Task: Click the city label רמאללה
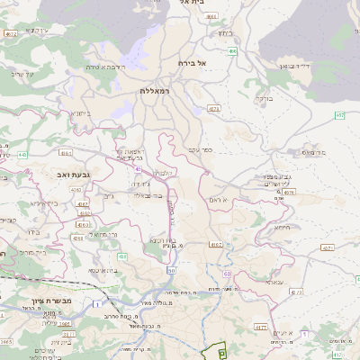pyautogui.click(x=155, y=91)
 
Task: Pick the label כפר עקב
pyautogui.click(x=200, y=149)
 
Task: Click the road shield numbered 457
pyautogui.click(x=338, y=115)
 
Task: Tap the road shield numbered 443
pyautogui.click(x=22, y=155)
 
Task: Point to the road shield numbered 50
pyautogui.click(x=171, y=271)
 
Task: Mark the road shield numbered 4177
pyautogui.click(x=260, y=328)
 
